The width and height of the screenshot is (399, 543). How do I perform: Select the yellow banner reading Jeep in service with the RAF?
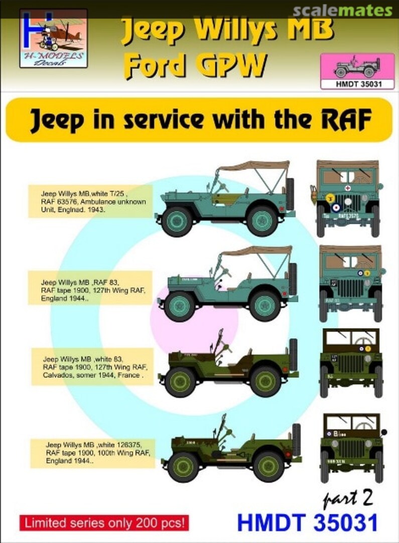click(x=199, y=120)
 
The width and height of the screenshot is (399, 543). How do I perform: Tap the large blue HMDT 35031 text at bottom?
click(x=307, y=523)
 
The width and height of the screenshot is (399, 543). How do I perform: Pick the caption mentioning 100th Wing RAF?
click(x=92, y=453)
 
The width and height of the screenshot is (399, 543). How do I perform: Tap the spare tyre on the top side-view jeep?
click(x=290, y=194)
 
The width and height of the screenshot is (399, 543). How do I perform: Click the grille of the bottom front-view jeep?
click(x=351, y=449)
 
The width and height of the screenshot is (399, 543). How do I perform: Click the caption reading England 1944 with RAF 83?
click(x=90, y=287)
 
